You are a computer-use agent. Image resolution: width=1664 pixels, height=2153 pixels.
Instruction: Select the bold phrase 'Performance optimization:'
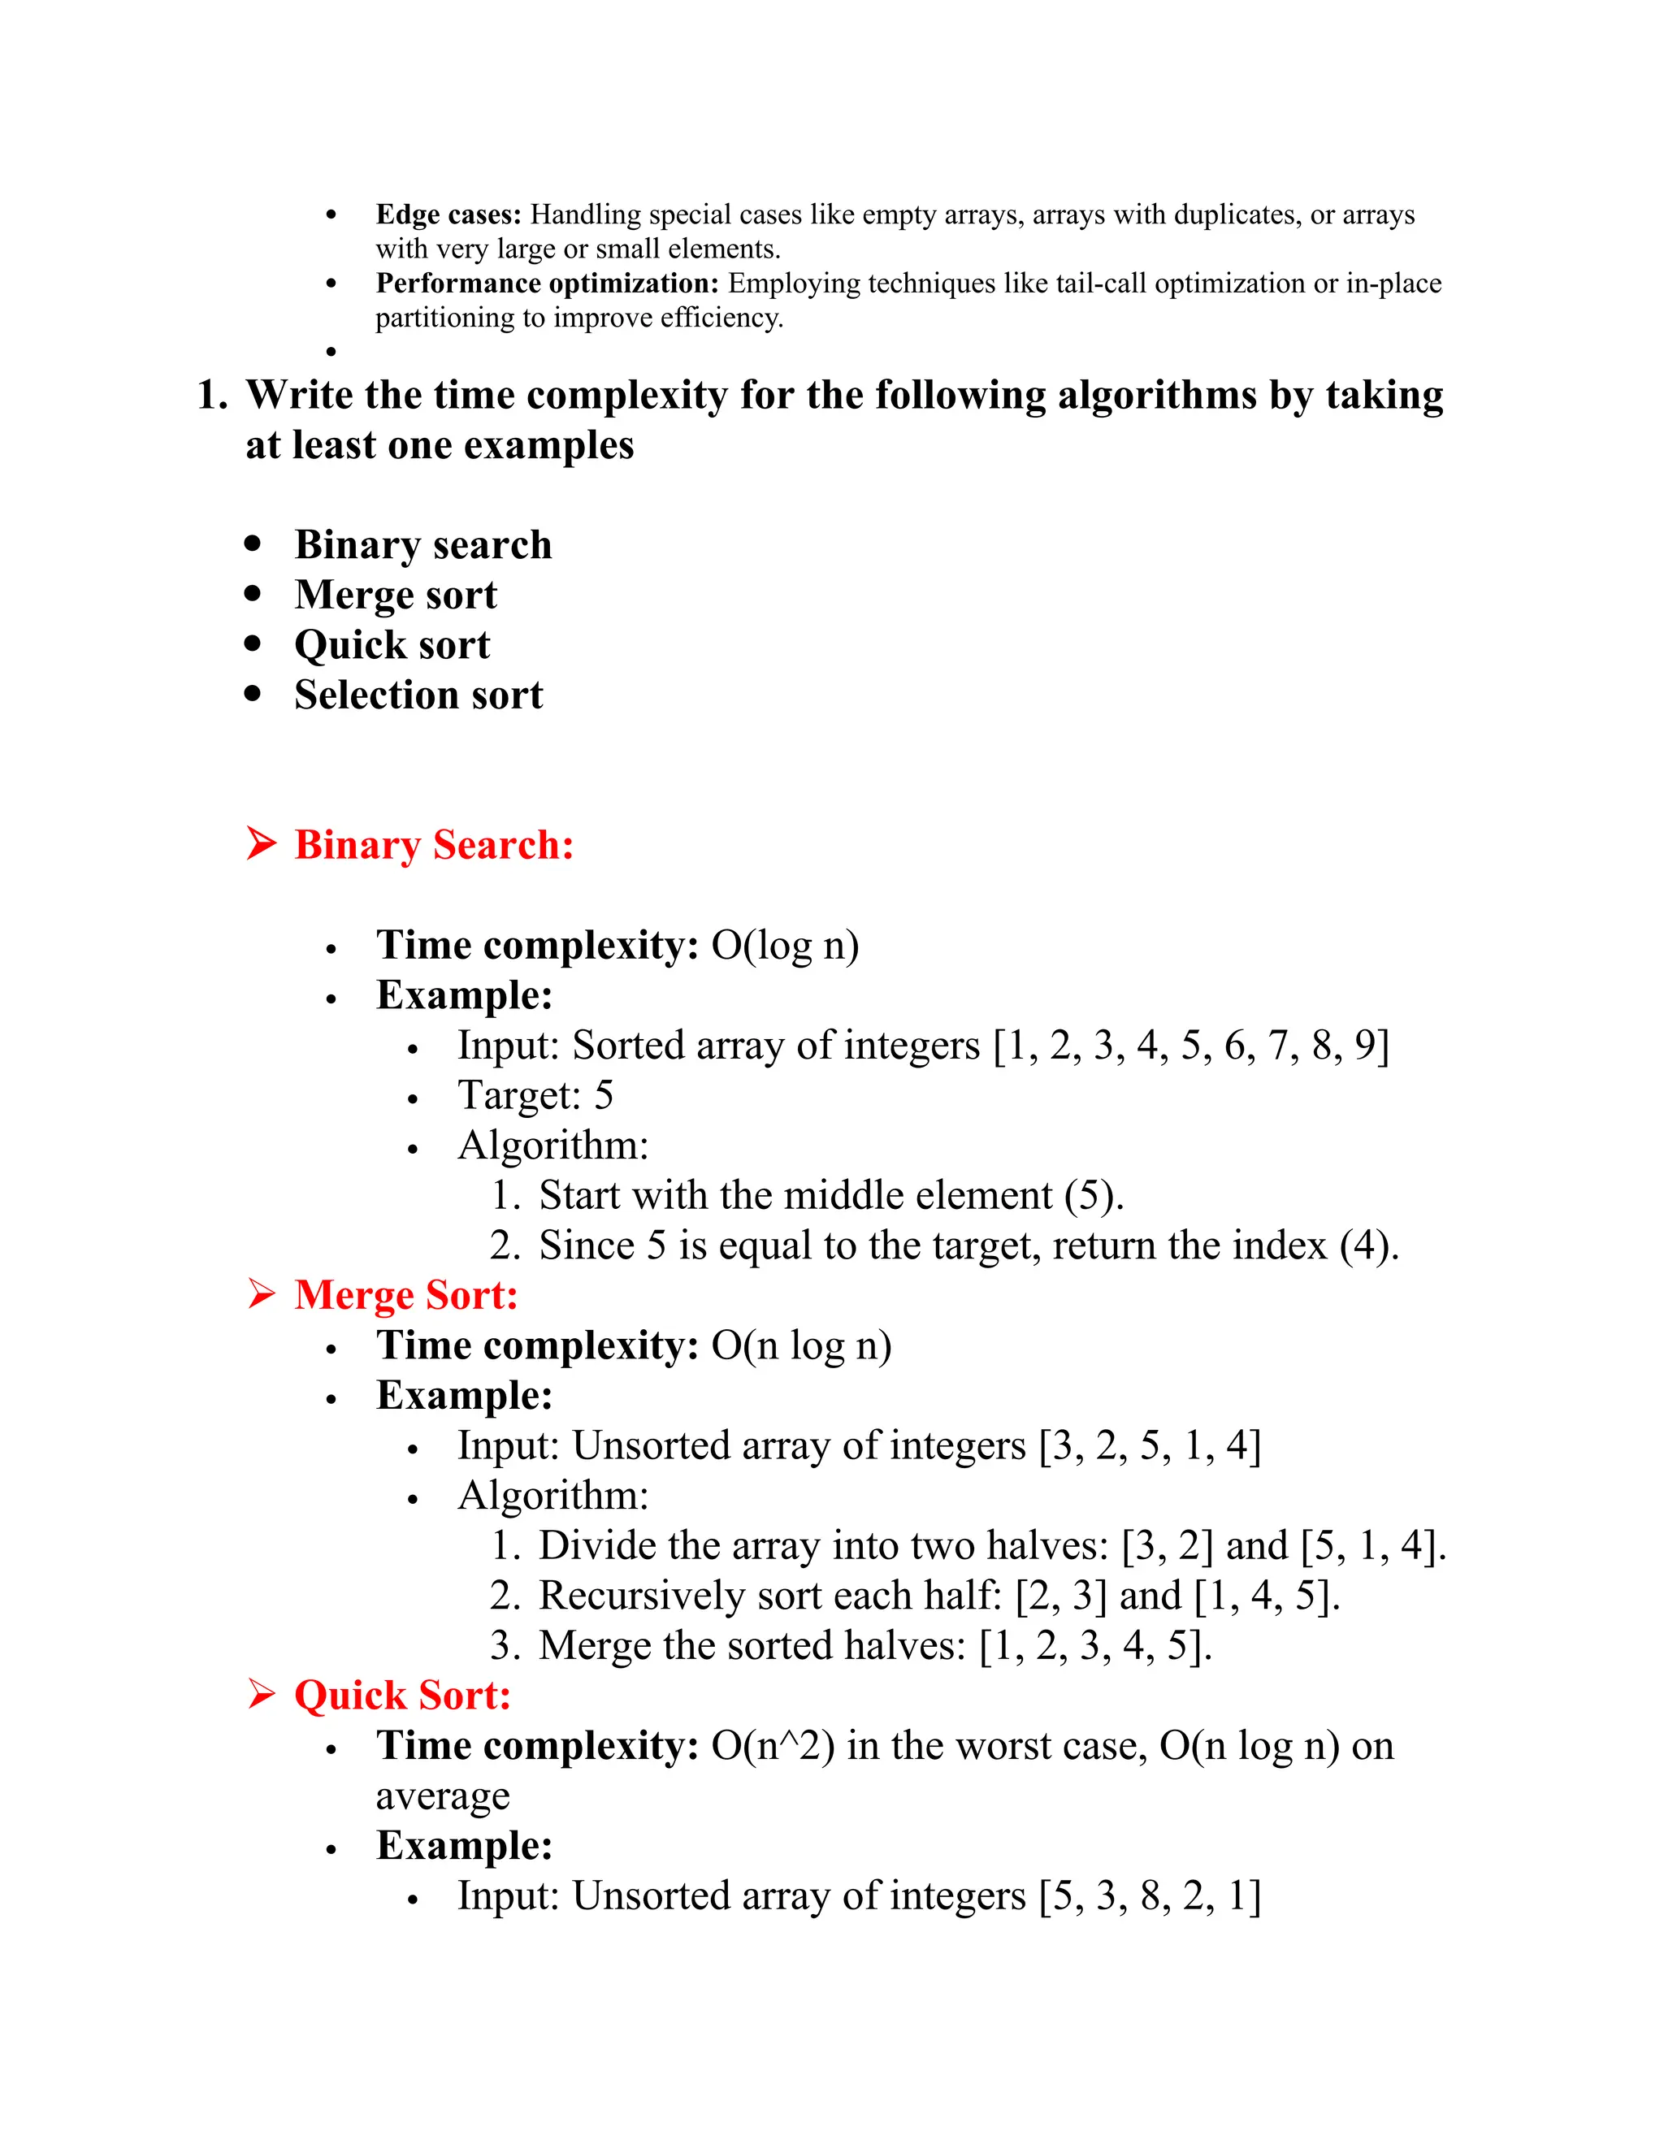[x=547, y=283]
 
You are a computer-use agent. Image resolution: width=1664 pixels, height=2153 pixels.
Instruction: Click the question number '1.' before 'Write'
[x=212, y=396]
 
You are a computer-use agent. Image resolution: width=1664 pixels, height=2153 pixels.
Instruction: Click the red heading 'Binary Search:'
[x=434, y=845]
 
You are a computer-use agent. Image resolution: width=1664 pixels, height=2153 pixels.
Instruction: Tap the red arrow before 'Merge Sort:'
[x=262, y=1294]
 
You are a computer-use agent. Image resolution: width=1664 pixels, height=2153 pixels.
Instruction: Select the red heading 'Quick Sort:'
[x=402, y=1695]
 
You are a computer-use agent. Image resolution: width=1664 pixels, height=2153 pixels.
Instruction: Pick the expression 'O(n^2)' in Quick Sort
[x=773, y=1746]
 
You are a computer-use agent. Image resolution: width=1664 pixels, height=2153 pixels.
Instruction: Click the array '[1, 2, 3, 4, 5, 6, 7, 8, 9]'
[x=1191, y=1046]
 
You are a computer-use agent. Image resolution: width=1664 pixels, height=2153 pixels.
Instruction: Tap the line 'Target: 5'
[x=535, y=1095]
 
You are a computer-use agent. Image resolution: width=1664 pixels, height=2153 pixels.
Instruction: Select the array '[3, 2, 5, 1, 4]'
[x=1150, y=1446]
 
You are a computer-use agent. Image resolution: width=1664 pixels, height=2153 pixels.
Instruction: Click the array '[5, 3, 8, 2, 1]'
[x=1150, y=1895]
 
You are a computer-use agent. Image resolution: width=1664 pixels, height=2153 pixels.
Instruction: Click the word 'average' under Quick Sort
[x=443, y=1796]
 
